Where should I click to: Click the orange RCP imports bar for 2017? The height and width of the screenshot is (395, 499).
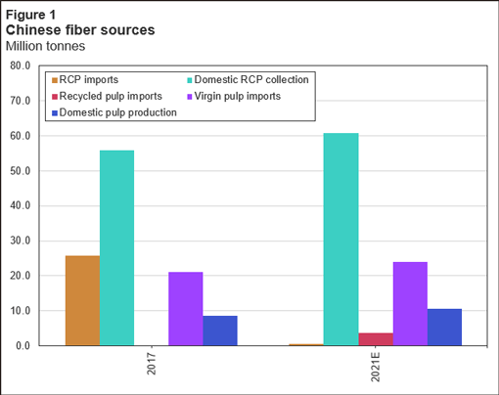tap(82, 300)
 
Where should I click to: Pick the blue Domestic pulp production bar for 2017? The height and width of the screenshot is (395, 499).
tap(219, 330)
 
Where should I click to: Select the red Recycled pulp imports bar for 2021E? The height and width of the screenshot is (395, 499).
tap(375, 339)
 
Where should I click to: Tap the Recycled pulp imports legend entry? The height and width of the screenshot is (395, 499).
tap(111, 96)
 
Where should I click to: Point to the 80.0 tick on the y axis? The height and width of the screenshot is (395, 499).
tap(20, 66)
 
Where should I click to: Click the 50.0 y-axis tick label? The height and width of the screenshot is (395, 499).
tap(20, 171)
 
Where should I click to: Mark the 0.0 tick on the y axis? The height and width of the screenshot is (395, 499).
tap(23, 346)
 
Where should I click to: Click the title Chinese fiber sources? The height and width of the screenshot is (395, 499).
tap(80, 30)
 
